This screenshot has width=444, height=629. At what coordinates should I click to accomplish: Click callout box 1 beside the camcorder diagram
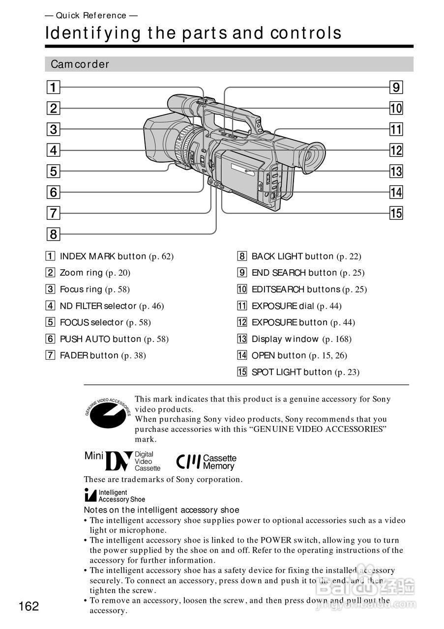coord(54,88)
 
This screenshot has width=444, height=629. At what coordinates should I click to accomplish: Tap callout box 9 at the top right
coord(396,88)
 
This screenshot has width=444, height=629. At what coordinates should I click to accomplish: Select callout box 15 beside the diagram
coord(396,213)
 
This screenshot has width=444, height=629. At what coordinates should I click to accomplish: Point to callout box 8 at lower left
coord(54,234)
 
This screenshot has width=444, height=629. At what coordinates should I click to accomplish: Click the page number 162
coord(29,606)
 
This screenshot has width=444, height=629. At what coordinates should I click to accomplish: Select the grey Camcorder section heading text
coord(80,64)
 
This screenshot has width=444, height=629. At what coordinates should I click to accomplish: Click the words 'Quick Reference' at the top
coord(91,16)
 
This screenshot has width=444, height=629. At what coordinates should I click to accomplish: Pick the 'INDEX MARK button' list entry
coord(103,256)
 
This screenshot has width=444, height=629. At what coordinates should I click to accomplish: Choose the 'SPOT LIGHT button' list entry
coord(292,372)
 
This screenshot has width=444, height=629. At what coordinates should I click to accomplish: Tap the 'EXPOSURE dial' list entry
coord(283,306)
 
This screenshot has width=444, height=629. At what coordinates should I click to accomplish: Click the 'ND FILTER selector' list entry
coord(98,306)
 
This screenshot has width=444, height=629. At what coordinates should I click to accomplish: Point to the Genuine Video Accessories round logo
coord(108,414)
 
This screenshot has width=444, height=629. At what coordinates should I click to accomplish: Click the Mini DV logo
coord(122,461)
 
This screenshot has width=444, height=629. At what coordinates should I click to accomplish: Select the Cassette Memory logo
coord(207,461)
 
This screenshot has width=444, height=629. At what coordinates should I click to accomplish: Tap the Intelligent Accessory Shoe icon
coord(90,495)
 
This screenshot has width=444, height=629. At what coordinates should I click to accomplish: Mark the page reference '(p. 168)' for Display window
coord(337,339)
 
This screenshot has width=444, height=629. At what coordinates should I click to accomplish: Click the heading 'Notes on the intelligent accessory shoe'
coord(161,510)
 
